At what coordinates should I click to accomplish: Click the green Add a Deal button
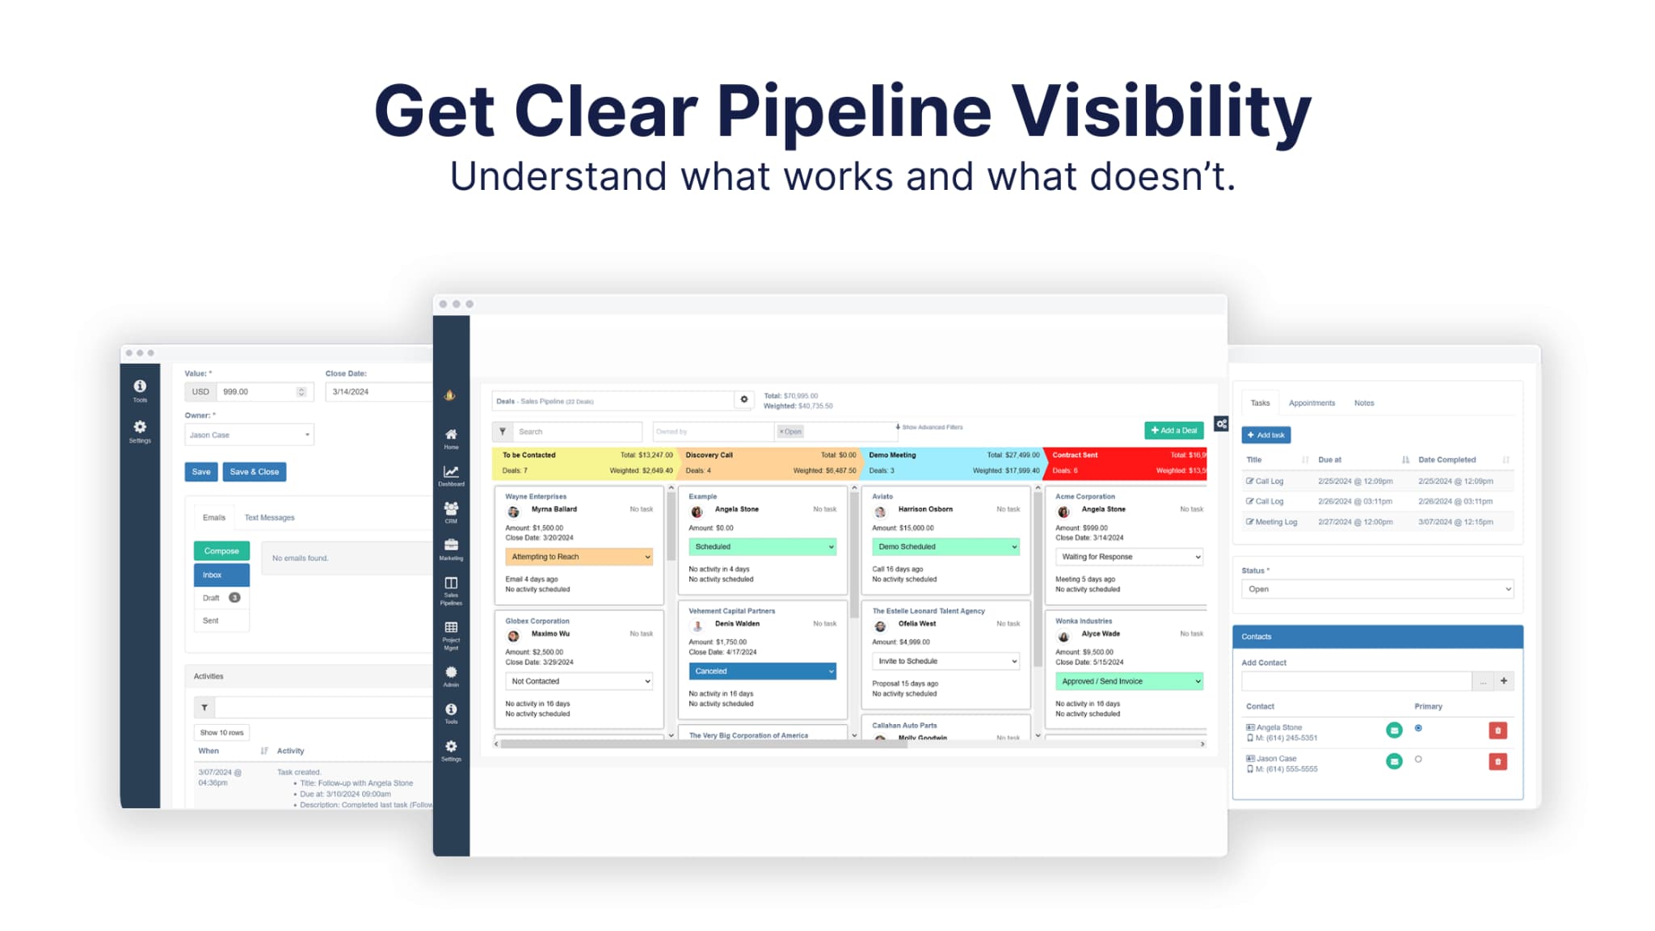[1173, 431]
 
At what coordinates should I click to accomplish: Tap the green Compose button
[221, 551]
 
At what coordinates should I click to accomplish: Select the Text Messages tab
[269, 518]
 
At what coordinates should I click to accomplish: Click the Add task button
[1265, 436]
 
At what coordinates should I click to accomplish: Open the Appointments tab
[1312, 403]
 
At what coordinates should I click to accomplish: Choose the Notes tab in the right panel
[1363, 403]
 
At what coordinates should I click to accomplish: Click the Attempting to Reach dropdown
[579, 557]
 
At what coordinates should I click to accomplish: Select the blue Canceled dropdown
[762, 672]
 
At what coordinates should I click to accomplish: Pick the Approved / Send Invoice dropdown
[1129, 681]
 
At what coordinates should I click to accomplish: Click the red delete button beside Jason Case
[1497, 762]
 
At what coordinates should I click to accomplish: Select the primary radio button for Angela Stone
[1418, 729]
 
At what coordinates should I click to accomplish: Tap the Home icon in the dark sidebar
[451, 436]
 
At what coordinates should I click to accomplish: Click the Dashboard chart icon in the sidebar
[451, 474]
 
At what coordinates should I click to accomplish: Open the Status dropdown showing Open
[1377, 589]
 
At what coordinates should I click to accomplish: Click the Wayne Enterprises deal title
[536, 497]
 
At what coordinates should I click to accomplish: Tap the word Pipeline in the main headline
[853, 112]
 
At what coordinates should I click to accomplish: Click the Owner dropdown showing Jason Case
[249, 436]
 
